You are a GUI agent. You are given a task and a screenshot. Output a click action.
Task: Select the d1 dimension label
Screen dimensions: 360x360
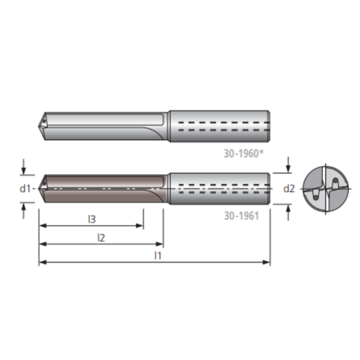pyautogui.click(x=26, y=189)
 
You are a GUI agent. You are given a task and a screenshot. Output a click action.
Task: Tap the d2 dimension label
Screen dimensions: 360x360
pyautogui.click(x=289, y=189)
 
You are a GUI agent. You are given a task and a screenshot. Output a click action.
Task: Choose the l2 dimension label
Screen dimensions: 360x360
pyautogui.click(x=101, y=237)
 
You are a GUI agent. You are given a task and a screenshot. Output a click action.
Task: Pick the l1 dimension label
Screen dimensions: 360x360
pyautogui.click(x=157, y=255)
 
